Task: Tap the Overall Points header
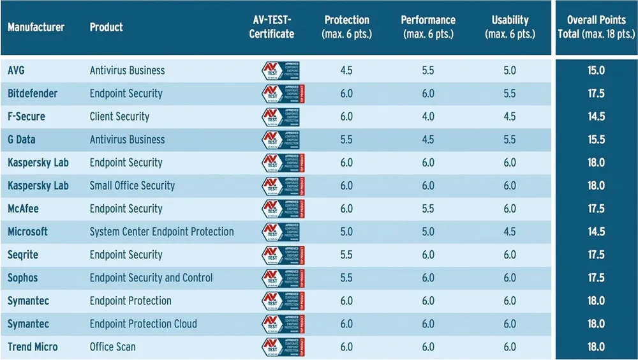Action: (x=596, y=27)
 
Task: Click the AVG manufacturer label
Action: (x=17, y=71)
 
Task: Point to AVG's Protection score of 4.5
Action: (x=346, y=71)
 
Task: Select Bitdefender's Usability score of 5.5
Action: (x=510, y=94)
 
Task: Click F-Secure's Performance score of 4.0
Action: (x=427, y=117)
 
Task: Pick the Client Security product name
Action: (x=119, y=117)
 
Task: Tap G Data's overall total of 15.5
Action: (x=596, y=140)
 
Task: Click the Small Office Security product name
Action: (x=132, y=186)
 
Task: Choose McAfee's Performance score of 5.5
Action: (x=427, y=209)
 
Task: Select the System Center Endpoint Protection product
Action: (x=161, y=232)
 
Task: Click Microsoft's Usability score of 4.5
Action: (x=510, y=232)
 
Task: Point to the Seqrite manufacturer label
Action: (x=23, y=255)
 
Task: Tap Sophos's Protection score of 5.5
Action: (x=346, y=278)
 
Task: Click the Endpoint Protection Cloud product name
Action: (x=143, y=324)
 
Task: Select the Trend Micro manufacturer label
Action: (x=33, y=347)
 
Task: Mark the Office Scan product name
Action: (x=112, y=347)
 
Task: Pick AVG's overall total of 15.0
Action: (x=596, y=71)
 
